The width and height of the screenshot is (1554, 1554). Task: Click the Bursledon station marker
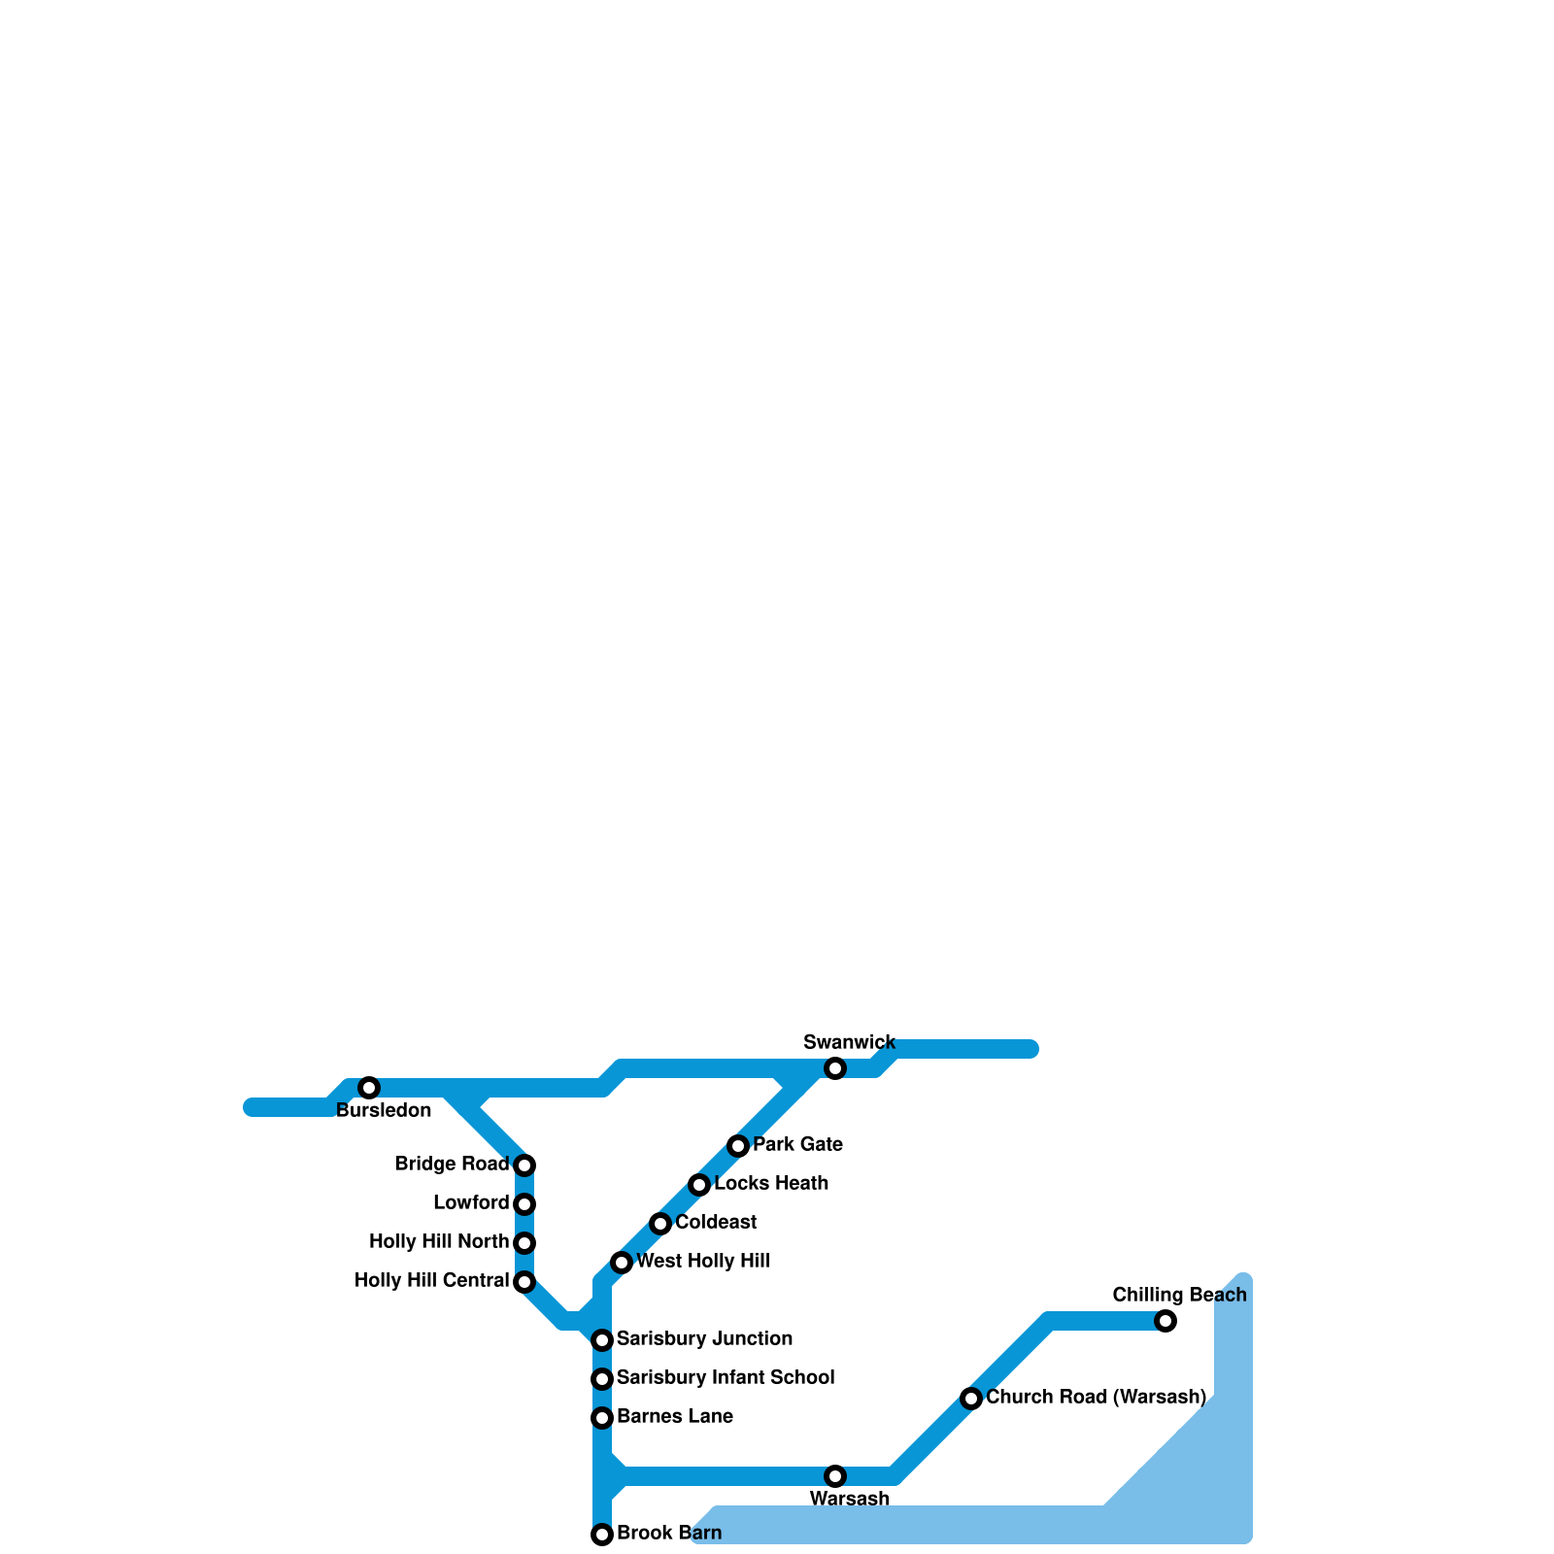coord(369,1088)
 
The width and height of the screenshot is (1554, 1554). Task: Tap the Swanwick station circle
coord(835,1068)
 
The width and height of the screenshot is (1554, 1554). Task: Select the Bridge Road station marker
coord(524,1165)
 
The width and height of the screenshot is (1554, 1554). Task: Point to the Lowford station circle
coord(524,1204)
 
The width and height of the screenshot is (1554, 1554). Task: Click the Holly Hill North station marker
coord(524,1243)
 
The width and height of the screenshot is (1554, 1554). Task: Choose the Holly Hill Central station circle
coord(524,1282)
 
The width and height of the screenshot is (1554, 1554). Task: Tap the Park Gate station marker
coord(738,1146)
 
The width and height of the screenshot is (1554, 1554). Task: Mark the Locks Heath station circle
coord(699,1185)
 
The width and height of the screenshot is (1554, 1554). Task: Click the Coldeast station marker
coord(660,1224)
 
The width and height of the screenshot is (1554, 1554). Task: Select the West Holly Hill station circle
coord(622,1263)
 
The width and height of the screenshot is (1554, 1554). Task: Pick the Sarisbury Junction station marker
coord(602,1340)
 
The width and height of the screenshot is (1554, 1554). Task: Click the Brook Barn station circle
coord(602,1535)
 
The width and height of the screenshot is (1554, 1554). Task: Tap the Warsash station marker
coord(835,1476)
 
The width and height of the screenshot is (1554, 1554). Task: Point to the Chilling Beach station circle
coord(1165,1321)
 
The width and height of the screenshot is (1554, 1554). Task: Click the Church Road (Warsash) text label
coord(1096,1398)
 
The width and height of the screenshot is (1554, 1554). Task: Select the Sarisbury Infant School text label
coord(726,1378)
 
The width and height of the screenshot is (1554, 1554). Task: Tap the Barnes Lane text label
coord(675,1417)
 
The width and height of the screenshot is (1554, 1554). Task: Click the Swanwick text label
coord(850,1043)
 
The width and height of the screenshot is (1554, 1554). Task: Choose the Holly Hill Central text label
coord(431,1281)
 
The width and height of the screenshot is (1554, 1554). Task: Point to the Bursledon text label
coord(384,1111)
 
